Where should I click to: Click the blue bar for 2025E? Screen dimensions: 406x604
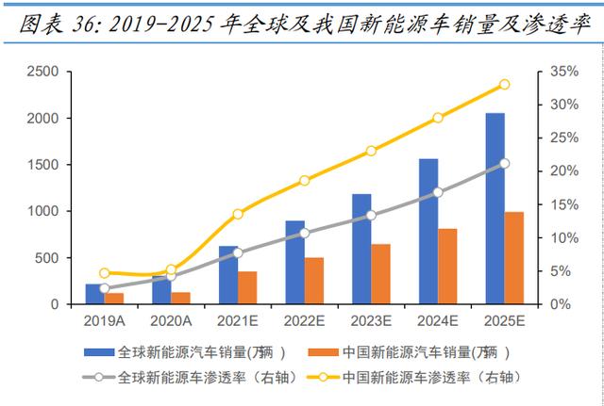click(495, 208)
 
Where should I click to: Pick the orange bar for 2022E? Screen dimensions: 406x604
click(313, 281)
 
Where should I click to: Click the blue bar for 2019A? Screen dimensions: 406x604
click(94, 294)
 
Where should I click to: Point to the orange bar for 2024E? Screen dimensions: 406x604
click(447, 266)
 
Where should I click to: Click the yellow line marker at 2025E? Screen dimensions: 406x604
click(504, 84)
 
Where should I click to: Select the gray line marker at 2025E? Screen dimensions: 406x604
click(504, 163)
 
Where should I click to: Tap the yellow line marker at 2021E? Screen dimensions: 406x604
click(238, 214)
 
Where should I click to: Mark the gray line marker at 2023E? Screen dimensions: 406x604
click(371, 215)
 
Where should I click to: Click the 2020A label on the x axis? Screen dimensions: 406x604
click(170, 321)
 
